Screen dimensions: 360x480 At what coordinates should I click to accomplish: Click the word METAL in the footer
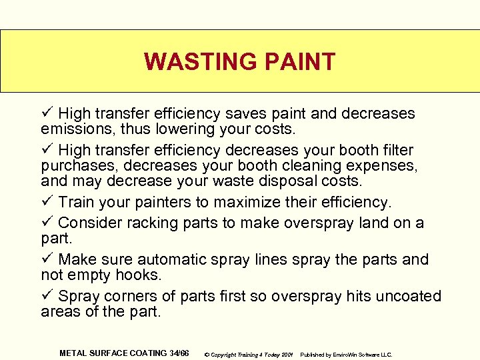pos(73,353)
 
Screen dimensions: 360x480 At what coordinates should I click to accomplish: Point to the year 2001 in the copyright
pos(287,354)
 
